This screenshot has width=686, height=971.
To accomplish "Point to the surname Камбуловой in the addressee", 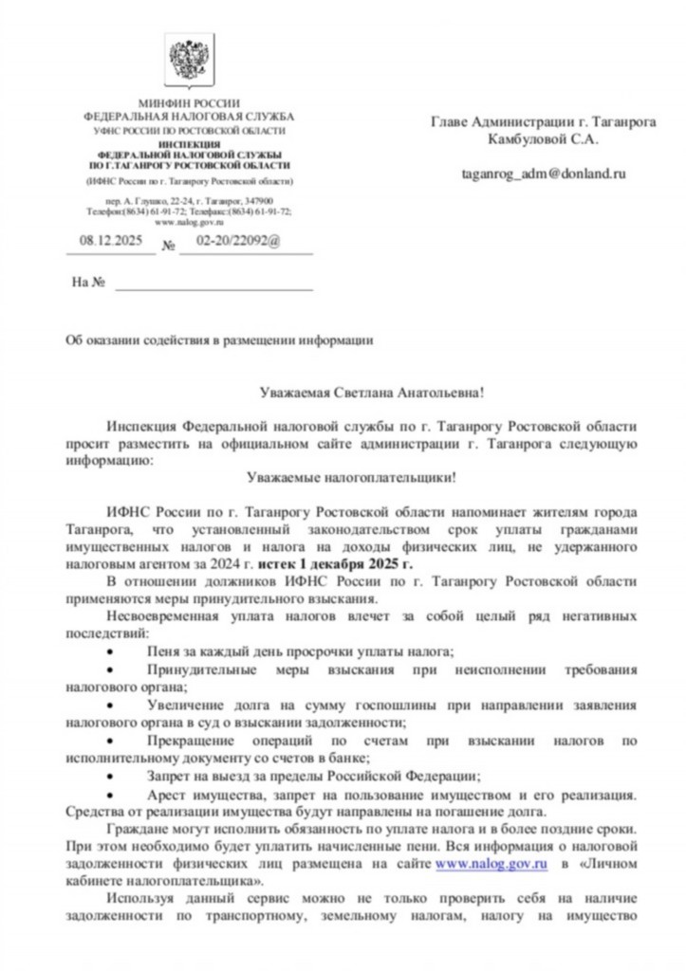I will tap(526, 138).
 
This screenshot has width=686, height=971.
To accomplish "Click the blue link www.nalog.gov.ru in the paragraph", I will tap(491, 865).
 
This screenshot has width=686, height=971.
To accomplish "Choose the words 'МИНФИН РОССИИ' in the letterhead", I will tap(189, 102).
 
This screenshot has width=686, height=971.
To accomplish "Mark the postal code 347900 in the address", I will tap(257, 201).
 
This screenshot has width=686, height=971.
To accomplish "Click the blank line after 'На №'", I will tap(213, 284).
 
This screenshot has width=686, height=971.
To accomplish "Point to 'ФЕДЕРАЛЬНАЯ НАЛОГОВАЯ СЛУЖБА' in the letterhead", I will tap(189, 116).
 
